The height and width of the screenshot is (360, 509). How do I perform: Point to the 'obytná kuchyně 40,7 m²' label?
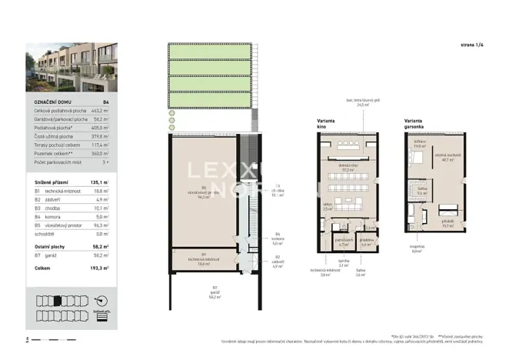[446, 159]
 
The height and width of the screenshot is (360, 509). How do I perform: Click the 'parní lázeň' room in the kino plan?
[346, 242]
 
